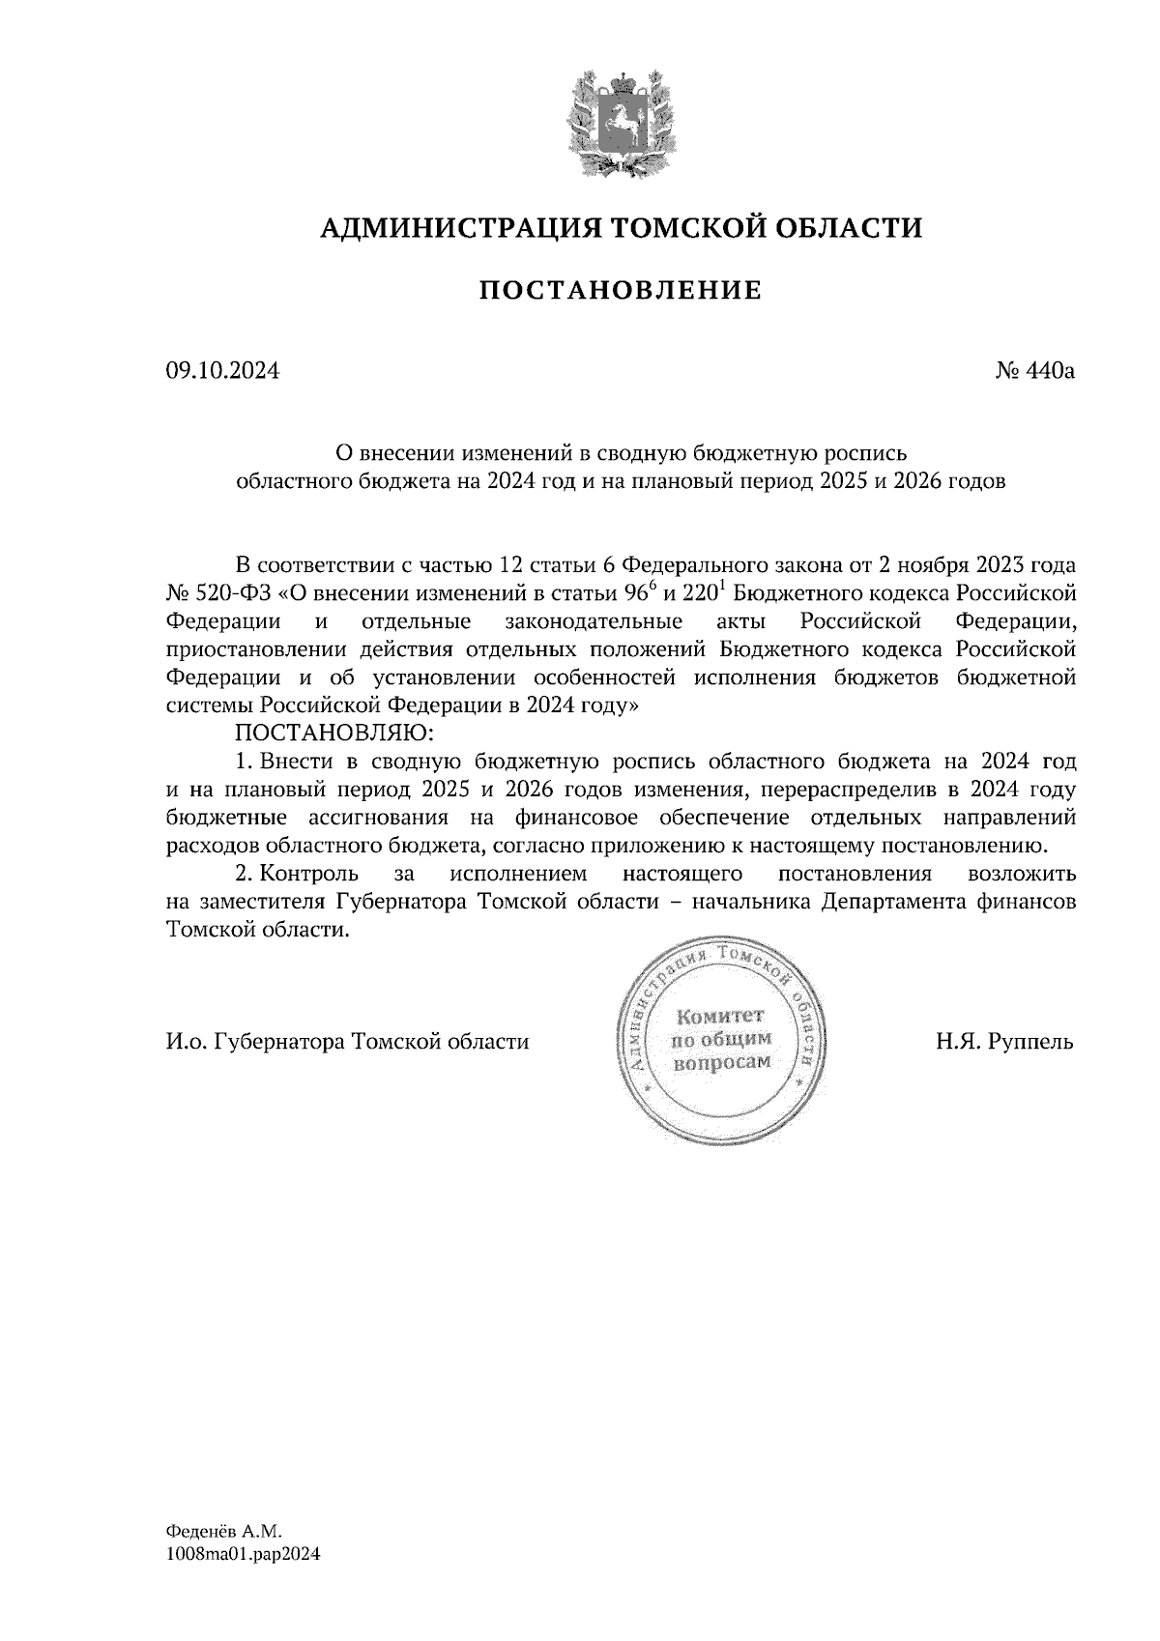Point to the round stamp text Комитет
pos(720,1017)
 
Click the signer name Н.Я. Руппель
pos(1003,1043)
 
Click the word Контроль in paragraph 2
pos(310,875)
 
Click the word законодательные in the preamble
pos(594,620)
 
